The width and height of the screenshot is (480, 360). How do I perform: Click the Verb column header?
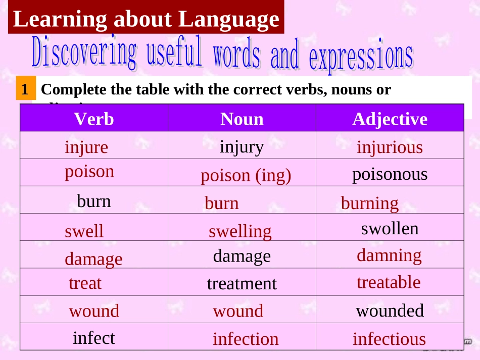point(94,119)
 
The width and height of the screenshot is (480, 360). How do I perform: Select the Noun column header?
point(242,119)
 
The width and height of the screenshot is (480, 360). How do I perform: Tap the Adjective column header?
point(390,119)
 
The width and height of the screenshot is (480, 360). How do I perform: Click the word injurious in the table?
point(390,147)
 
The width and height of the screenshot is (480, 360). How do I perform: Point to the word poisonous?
point(390,174)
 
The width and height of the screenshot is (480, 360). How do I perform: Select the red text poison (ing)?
point(246,176)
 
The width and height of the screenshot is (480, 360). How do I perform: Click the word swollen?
point(390,229)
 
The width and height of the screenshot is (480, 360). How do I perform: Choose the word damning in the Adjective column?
point(389,255)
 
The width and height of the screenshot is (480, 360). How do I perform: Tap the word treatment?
point(242,284)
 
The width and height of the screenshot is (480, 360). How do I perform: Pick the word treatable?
point(389,282)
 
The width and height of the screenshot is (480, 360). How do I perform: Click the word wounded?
point(390,311)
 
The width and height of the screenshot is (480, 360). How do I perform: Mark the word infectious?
point(389,339)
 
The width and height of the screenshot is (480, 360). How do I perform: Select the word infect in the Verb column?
point(94,337)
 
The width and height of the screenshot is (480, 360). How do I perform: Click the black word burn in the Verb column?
point(94,201)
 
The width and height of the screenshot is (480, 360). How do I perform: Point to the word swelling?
point(240,231)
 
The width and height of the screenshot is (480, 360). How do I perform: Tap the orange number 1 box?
point(25,89)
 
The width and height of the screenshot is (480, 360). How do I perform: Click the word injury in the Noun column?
point(242,146)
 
